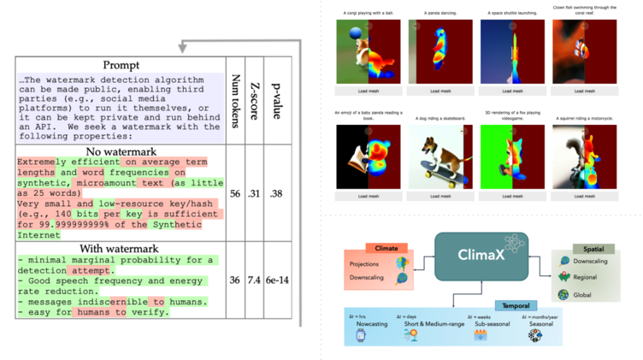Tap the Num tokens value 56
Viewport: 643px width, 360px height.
[235, 194]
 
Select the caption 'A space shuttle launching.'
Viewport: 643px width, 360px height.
[512, 12]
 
